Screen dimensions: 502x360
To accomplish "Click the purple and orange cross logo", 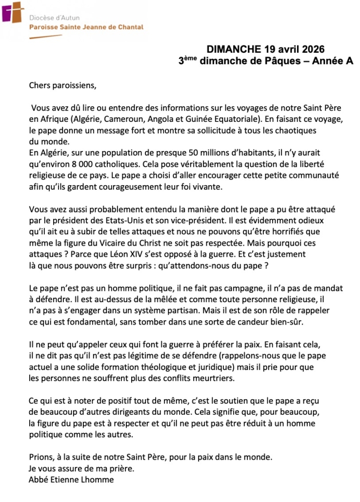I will [12, 12].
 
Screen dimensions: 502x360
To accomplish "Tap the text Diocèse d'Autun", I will [54, 18].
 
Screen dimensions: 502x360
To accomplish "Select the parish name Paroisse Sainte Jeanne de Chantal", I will [86, 27].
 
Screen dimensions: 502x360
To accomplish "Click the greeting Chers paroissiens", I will [63, 86].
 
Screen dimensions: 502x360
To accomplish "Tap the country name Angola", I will [166, 119].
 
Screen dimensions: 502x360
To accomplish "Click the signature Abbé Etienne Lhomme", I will [71, 480].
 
